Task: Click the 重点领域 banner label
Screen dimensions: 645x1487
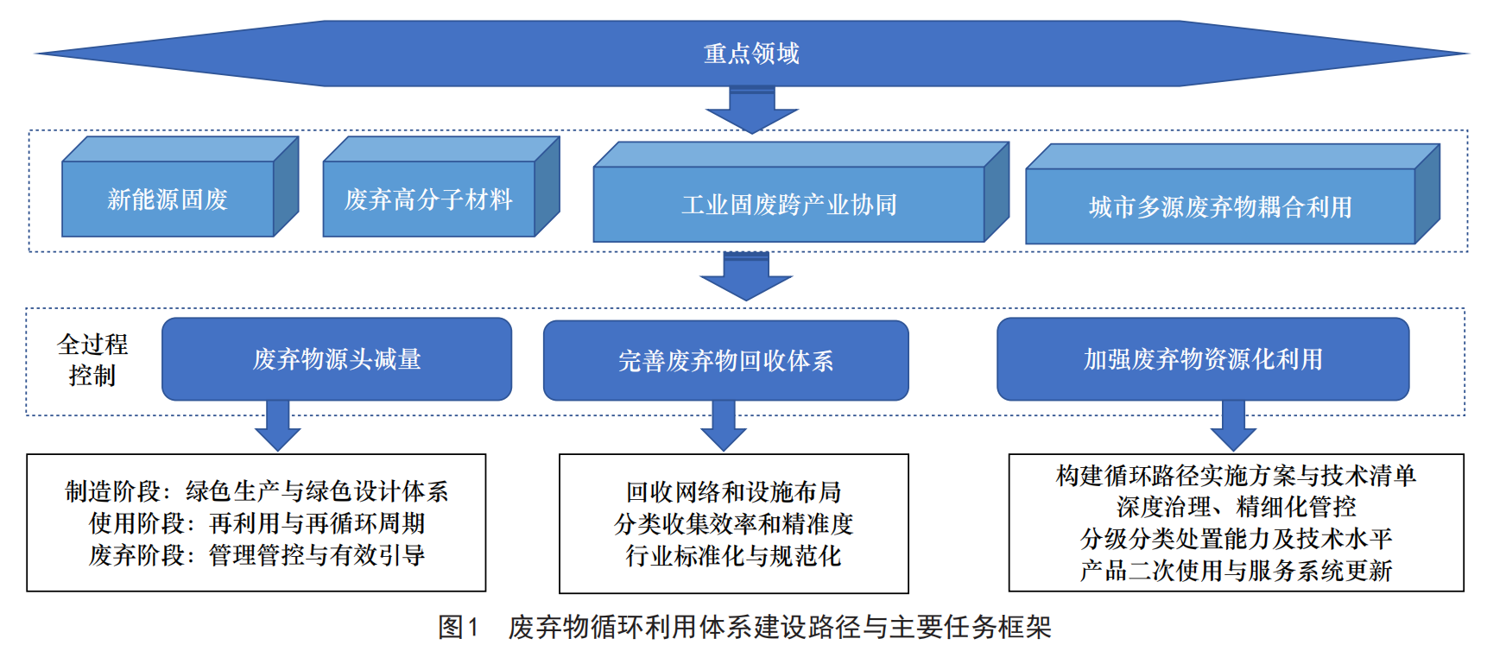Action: click(751, 54)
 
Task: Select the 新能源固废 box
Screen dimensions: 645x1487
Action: click(168, 199)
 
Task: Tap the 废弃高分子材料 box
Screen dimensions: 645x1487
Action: click(428, 199)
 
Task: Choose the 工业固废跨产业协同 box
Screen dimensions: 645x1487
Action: click(788, 205)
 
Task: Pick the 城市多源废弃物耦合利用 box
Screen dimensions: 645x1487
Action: click(1219, 207)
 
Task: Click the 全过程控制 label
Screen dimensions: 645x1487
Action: click(92, 359)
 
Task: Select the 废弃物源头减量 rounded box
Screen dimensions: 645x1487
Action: click(337, 359)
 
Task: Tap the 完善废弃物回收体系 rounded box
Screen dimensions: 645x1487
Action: click(725, 361)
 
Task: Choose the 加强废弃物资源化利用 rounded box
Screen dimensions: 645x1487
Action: click(1203, 359)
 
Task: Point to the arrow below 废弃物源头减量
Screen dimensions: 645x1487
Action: click(278, 426)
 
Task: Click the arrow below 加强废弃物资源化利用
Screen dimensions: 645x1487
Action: click(1233, 426)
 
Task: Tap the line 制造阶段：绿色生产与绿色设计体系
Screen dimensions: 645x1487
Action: click(256, 491)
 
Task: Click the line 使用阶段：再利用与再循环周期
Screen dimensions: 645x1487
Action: click(256, 523)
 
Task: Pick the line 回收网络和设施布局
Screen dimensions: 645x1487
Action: click(733, 492)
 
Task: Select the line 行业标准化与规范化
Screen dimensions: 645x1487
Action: click(733, 556)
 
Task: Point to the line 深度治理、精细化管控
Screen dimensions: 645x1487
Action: click(1236, 507)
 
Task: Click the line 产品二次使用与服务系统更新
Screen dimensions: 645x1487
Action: click(1236, 571)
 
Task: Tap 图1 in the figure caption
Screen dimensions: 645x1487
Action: click(458, 627)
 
